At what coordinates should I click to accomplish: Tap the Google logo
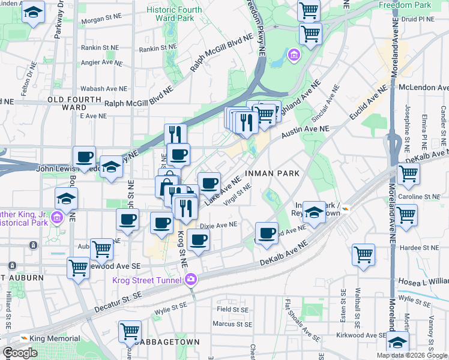point(20,353)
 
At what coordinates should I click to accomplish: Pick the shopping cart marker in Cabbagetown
point(130,331)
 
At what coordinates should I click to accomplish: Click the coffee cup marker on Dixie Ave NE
point(198,240)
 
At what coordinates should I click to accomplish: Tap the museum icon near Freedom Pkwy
point(294,56)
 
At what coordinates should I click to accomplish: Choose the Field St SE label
point(233,310)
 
